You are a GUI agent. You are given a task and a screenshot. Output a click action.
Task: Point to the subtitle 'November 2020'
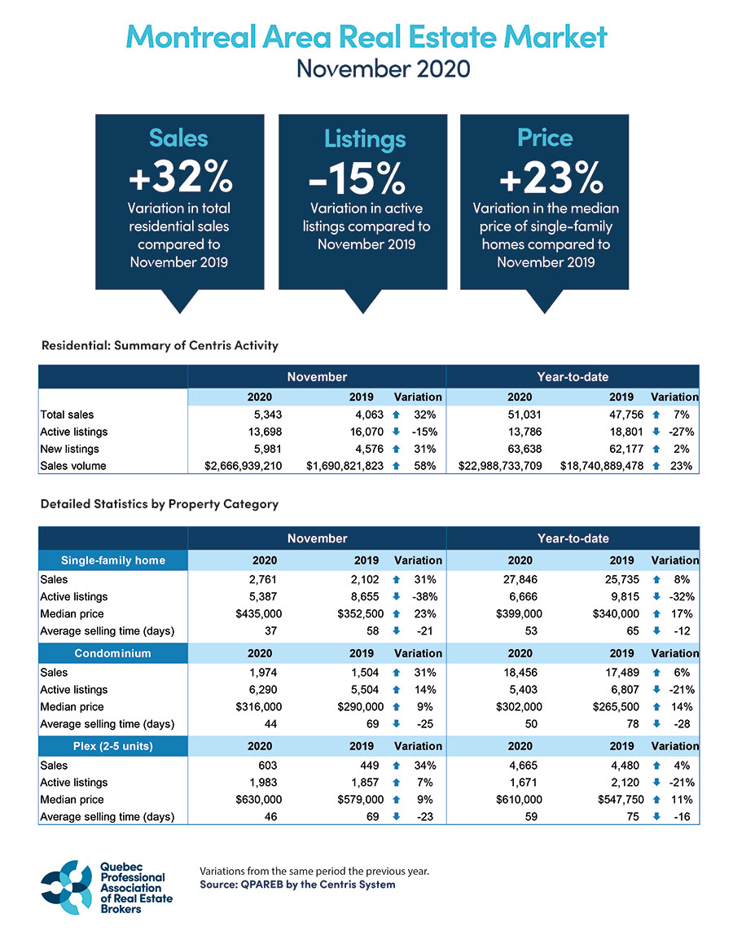pyautogui.click(x=383, y=68)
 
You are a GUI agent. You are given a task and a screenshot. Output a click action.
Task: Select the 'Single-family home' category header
pyautogui.click(x=113, y=560)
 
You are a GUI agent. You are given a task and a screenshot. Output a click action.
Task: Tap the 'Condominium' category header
pyautogui.click(x=113, y=653)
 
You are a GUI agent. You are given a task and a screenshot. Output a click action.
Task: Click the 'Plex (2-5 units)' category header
pyautogui.click(x=113, y=746)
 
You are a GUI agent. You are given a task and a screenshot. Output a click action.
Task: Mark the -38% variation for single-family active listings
pyautogui.click(x=424, y=596)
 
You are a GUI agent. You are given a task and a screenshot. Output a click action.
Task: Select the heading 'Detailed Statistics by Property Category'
pyautogui.click(x=160, y=504)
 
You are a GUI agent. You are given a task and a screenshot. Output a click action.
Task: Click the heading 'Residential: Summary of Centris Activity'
pyautogui.click(x=160, y=345)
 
